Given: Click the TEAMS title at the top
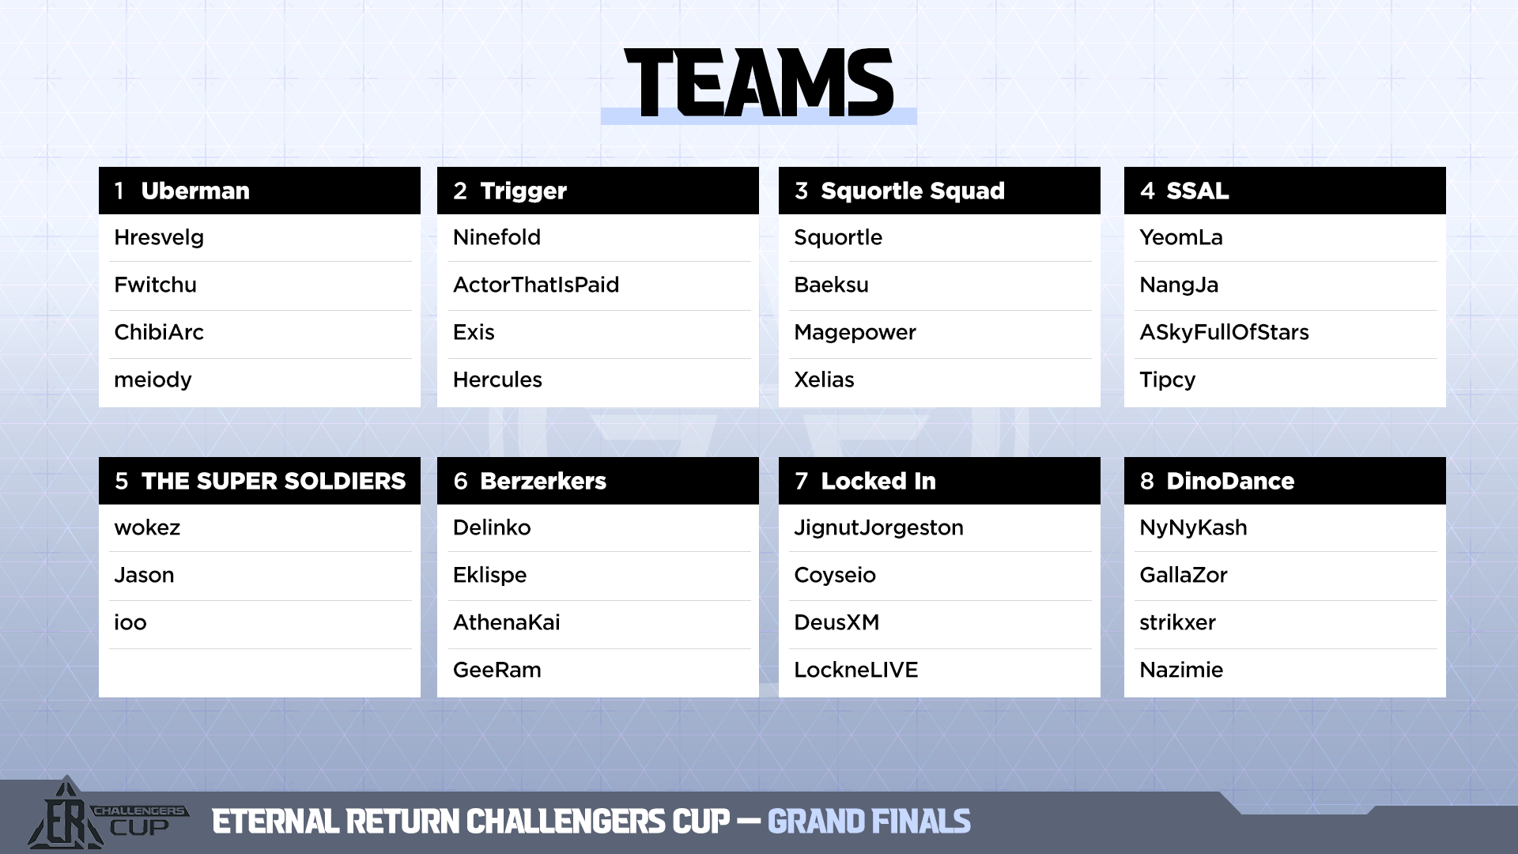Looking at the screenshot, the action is coord(759,82).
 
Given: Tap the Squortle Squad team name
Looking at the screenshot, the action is coord(912,191).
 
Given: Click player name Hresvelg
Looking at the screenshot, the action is coord(159,238).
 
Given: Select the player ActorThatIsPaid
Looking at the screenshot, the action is coord(536,285).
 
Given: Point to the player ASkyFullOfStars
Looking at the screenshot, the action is coord(1224,333).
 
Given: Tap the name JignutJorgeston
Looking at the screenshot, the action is coord(878,528).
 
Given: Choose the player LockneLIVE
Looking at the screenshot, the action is coord(856,670).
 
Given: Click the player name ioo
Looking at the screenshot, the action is coord(130,622).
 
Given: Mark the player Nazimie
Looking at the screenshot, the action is coord(1181,670).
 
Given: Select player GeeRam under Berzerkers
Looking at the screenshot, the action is coord(497,670).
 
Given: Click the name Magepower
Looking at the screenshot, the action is coord(855,333).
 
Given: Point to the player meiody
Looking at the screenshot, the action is coord(153,380).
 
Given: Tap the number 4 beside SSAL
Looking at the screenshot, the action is coord(1147,191).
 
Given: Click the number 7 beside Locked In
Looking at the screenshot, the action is coord(802,481).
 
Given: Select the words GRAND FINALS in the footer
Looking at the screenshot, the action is coord(869,822).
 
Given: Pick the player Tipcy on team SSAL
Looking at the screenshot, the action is coord(1167,380).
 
